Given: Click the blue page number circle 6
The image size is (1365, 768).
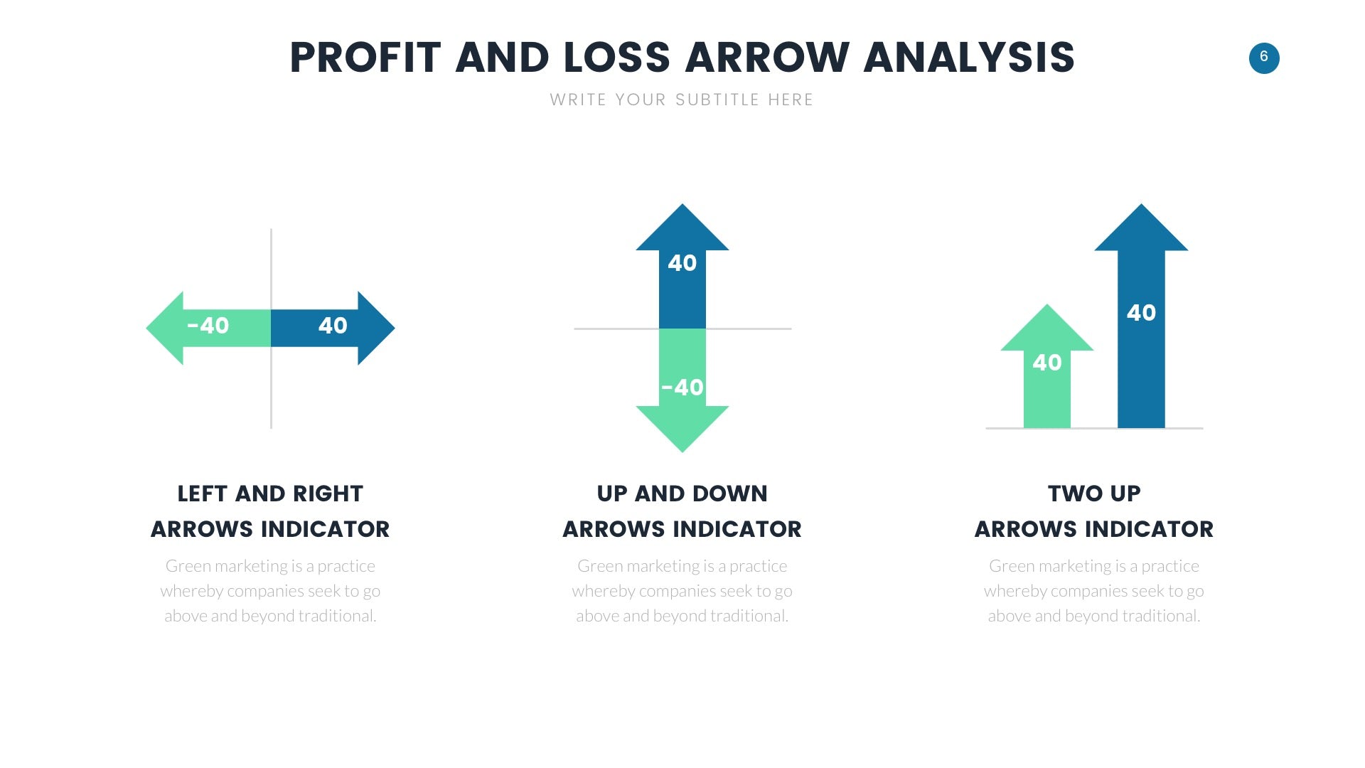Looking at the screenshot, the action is pyautogui.click(x=1264, y=58).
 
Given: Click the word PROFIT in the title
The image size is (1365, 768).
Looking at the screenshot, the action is pyautogui.click(x=365, y=58).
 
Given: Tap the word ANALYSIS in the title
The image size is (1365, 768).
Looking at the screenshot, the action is pyautogui.click(x=969, y=58).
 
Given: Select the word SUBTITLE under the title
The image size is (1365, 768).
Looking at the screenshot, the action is pyautogui.click(x=717, y=100).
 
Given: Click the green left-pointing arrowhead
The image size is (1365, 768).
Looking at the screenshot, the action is pyautogui.click(x=165, y=328).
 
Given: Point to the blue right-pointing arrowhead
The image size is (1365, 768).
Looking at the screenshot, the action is pyautogui.click(x=376, y=328).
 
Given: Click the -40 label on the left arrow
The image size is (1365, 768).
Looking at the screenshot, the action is pyautogui.click(x=208, y=326).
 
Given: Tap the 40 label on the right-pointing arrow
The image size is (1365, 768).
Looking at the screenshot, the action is pyautogui.click(x=333, y=326).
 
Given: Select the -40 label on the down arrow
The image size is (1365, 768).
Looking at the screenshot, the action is pyautogui.click(x=682, y=388).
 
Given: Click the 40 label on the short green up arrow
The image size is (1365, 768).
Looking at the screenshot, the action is pyautogui.click(x=1047, y=363).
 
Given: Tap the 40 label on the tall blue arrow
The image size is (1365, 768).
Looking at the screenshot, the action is pyautogui.click(x=1142, y=313).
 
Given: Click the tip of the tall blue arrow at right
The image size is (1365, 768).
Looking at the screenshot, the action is pyautogui.click(x=1142, y=204).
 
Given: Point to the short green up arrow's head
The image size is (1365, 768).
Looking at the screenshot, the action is pyautogui.click(x=1047, y=329).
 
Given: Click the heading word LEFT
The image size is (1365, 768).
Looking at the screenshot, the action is pyautogui.click(x=202, y=494).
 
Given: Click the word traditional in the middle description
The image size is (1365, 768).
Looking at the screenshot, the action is pyautogui.click(x=747, y=616).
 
